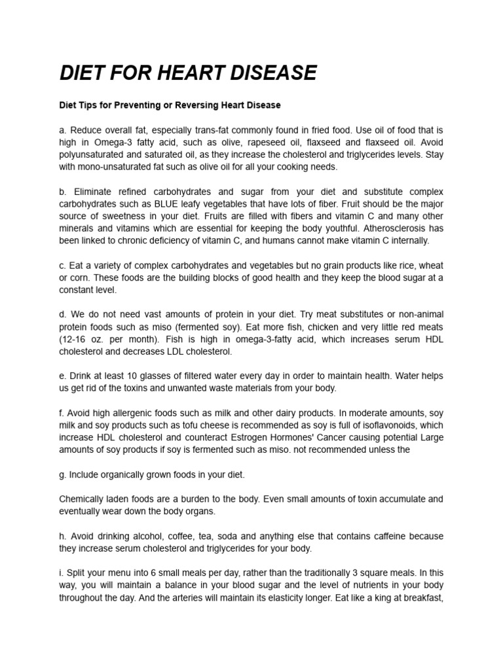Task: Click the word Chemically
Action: click(83, 499)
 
